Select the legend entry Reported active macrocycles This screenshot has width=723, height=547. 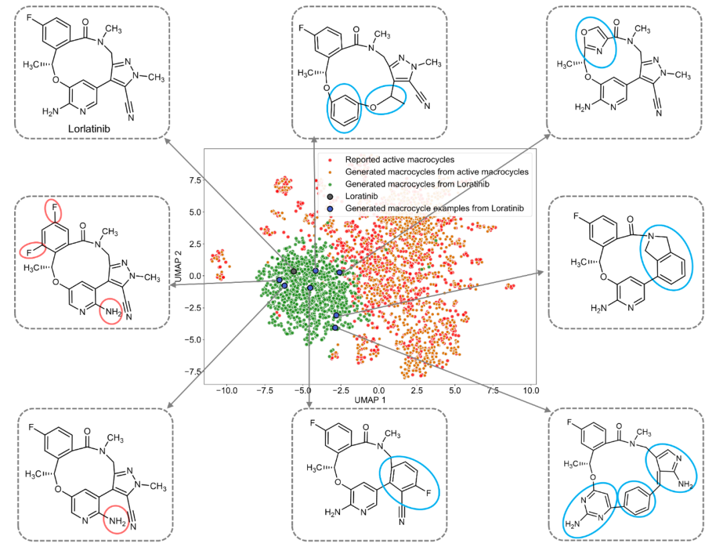[400, 160]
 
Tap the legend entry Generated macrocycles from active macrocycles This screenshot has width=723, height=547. [436, 172]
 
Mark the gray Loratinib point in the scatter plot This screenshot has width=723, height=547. [293, 271]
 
